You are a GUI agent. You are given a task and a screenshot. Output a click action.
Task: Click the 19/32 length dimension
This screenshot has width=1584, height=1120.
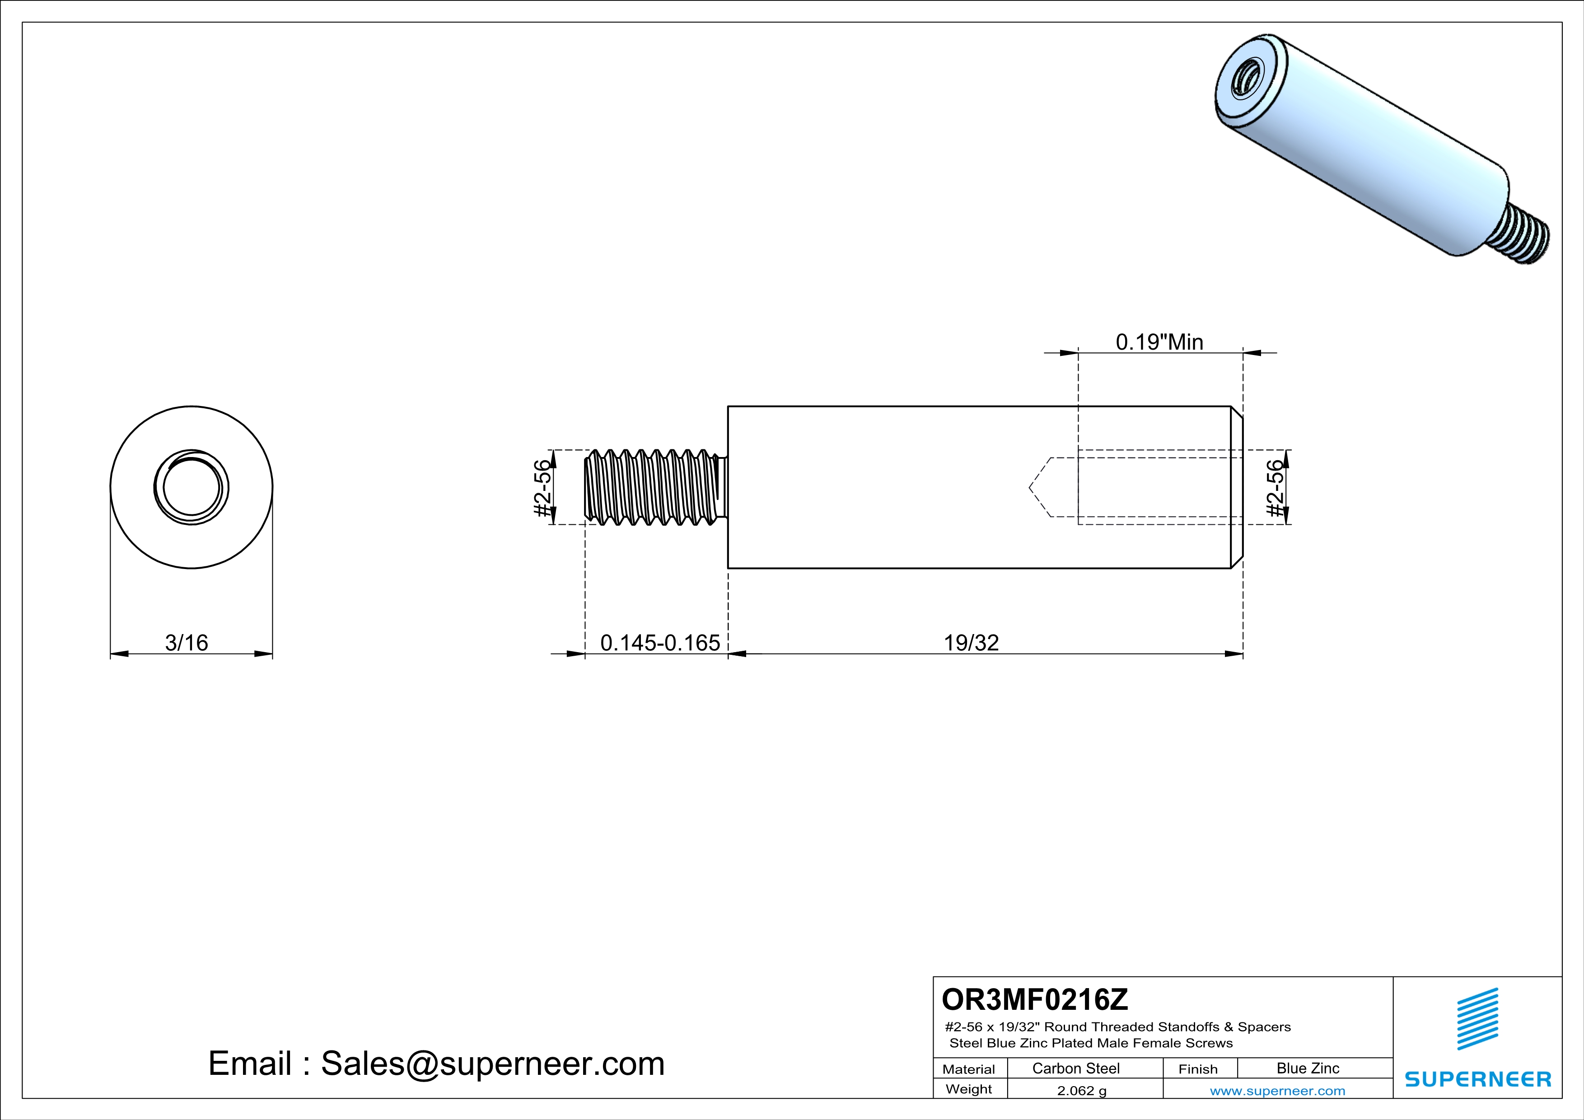point(971,643)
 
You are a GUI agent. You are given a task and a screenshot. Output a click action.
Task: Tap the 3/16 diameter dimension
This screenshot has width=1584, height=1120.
point(186,643)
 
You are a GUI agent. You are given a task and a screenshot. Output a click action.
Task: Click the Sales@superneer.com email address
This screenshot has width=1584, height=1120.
point(493,1064)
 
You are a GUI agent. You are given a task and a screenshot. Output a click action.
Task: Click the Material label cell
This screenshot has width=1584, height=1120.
point(969,1069)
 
